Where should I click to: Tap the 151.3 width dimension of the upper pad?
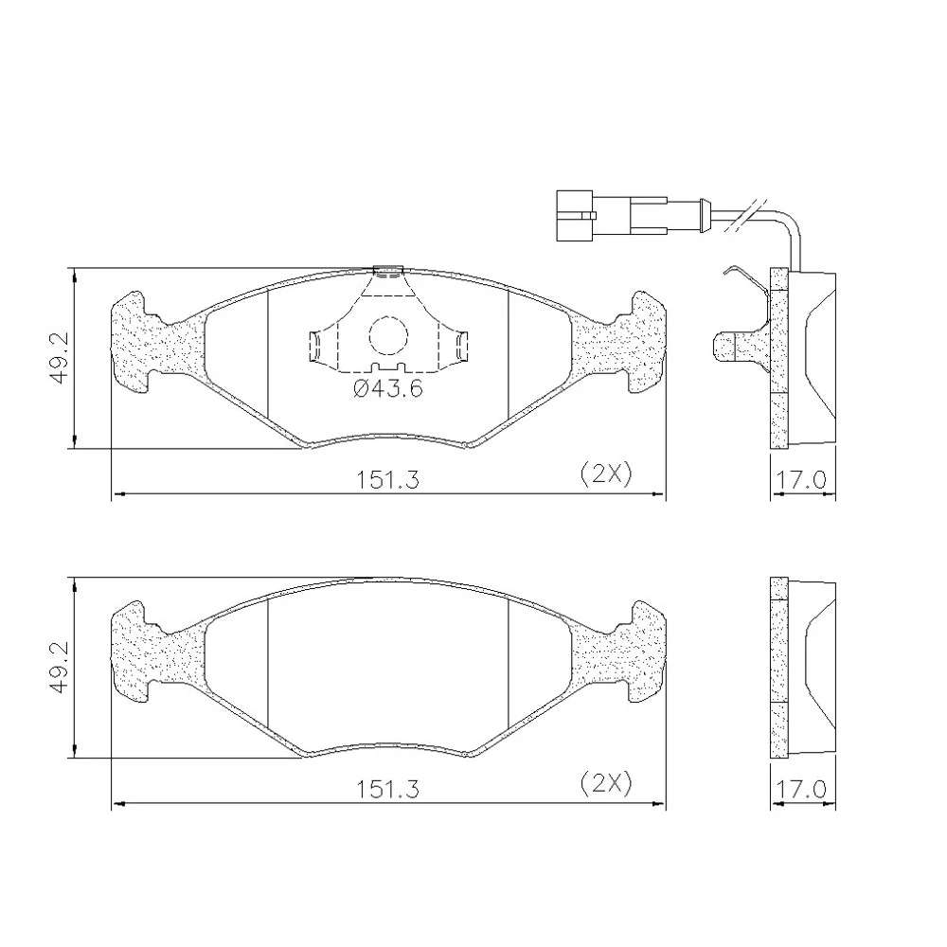386,480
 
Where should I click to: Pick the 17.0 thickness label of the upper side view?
800,480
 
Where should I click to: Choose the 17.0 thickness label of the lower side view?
800,790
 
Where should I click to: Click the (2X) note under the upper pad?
606,473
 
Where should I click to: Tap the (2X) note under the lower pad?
606,783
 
